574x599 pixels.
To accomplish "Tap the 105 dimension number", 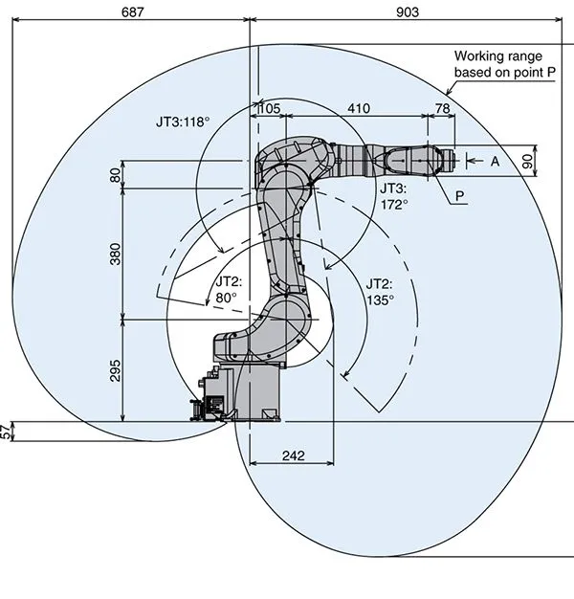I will pos(270,109).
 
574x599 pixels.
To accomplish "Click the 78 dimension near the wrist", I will pos(442,109).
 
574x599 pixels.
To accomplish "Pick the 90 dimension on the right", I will pos(554,162).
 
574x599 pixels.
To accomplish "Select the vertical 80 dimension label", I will pos(116,175).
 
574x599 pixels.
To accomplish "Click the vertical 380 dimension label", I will pos(116,255).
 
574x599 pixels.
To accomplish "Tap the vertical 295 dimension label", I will pos(116,370).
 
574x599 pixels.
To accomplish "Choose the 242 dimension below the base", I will pos(292,456).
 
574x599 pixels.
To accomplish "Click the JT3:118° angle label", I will pos(183,122).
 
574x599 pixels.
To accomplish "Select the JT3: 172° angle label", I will pos(394,196).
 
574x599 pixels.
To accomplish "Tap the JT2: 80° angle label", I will pos(229,290).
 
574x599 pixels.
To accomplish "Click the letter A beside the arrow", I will pos(495,162).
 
